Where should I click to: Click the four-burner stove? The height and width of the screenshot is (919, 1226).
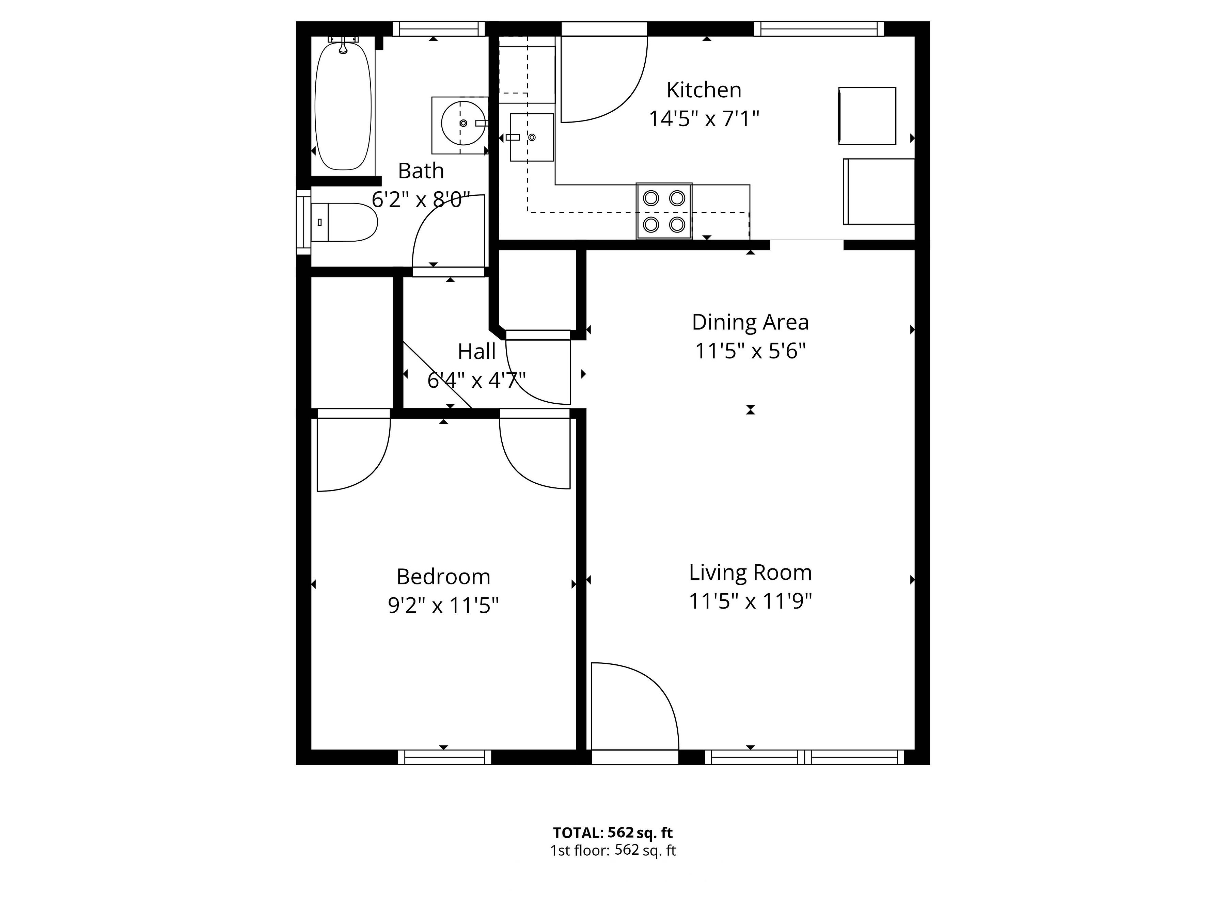click(664, 211)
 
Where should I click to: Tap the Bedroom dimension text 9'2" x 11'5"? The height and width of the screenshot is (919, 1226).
click(443, 606)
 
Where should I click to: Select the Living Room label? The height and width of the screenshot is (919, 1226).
click(751, 572)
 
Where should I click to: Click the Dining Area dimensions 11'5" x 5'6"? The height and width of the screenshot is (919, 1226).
click(751, 351)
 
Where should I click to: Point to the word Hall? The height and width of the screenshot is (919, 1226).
click(477, 351)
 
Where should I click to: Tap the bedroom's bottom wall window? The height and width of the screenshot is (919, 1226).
click(444, 757)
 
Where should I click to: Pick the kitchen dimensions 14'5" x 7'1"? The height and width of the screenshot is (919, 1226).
click(704, 118)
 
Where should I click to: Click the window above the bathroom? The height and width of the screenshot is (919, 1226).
click(439, 29)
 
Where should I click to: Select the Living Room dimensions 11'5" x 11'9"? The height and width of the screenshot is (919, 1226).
click(751, 601)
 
